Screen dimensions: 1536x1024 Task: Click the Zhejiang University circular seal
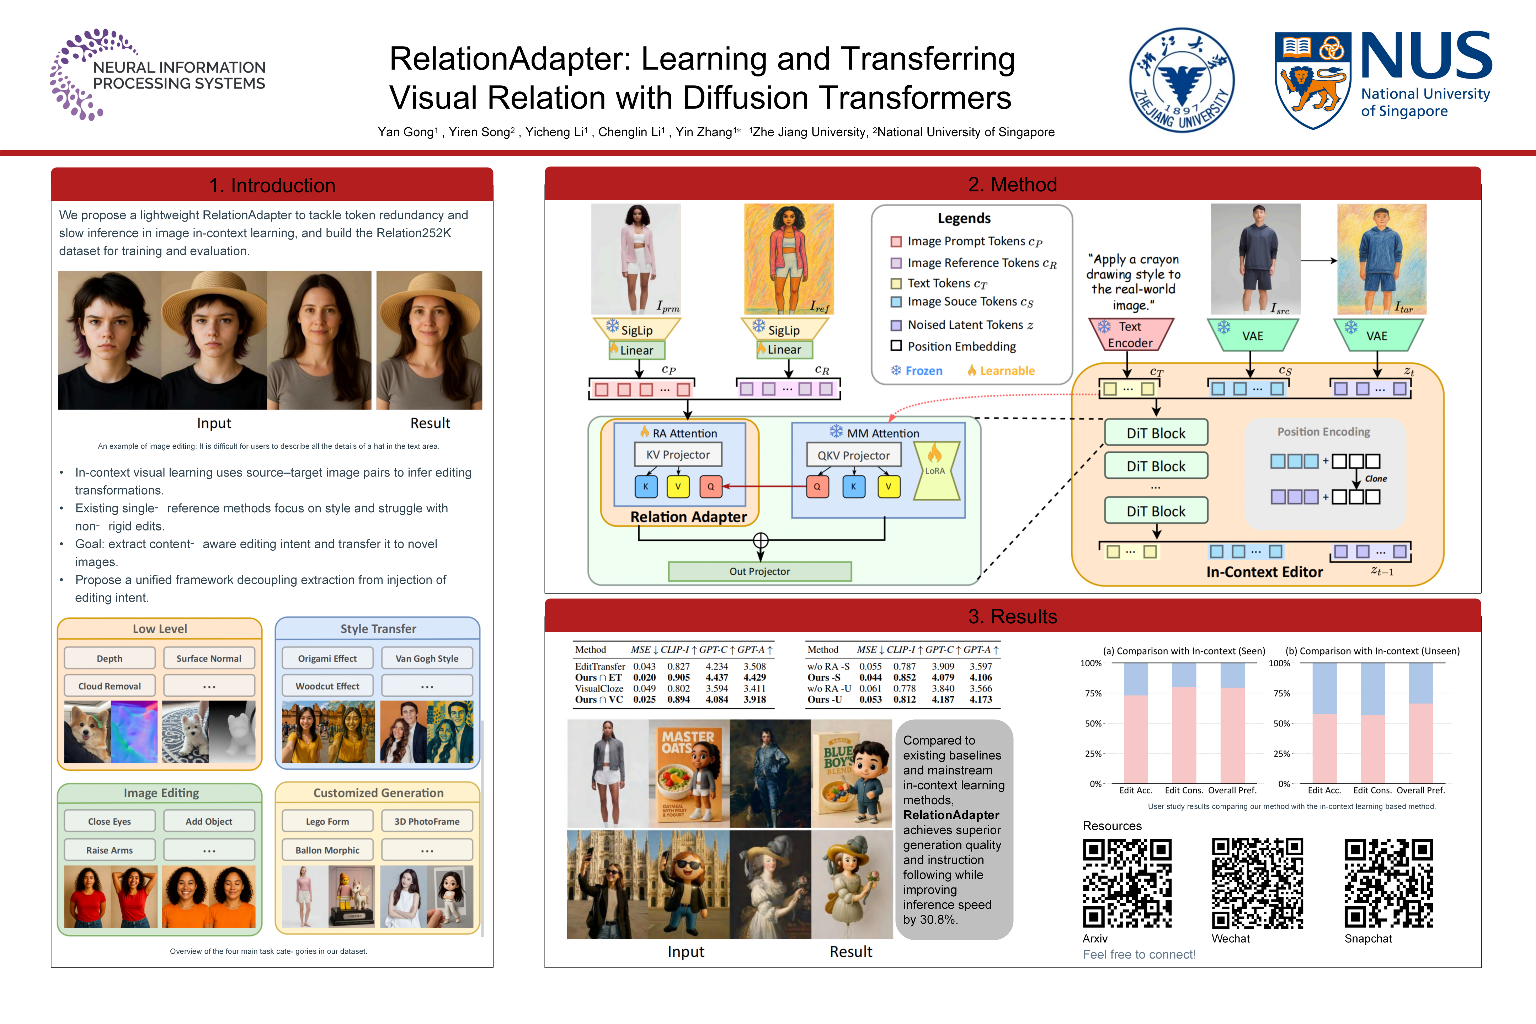click(x=1182, y=80)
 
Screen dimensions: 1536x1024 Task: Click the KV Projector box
click(x=678, y=454)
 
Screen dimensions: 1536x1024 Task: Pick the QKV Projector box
click(x=854, y=455)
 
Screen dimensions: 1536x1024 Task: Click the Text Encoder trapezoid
click(x=1130, y=334)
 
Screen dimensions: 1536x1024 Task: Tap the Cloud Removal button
click(x=110, y=686)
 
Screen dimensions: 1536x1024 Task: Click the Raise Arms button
click(x=110, y=850)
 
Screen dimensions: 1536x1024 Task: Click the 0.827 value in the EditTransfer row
click(x=678, y=666)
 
